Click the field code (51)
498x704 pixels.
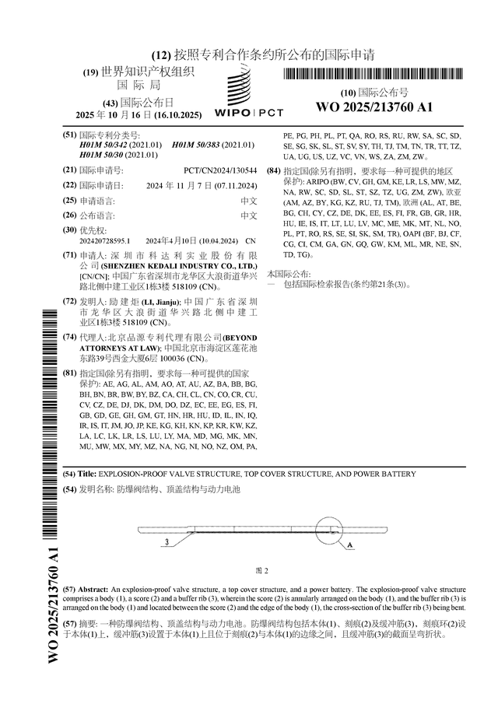click(x=69, y=135)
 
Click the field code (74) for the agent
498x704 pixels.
click(x=69, y=337)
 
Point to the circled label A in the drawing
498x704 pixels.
click(x=349, y=546)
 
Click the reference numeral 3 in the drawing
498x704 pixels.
click(x=167, y=541)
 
